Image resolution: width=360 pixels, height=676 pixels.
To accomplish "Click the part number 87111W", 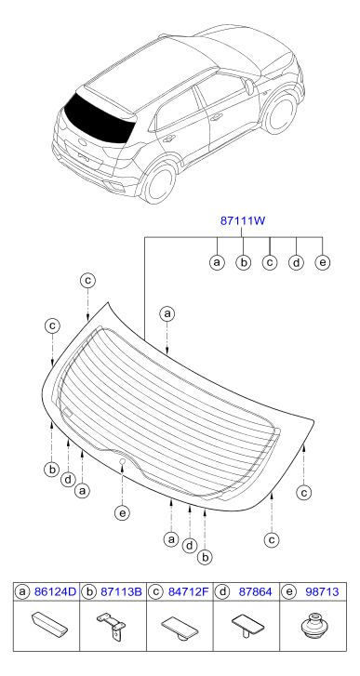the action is point(242,221).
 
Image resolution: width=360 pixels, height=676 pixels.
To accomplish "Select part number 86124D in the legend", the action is point(55,592).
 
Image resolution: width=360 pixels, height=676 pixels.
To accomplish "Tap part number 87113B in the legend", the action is point(121,592).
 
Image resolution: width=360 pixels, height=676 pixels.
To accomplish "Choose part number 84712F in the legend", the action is point(188,592).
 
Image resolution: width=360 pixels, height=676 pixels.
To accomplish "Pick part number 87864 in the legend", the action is point(255,592).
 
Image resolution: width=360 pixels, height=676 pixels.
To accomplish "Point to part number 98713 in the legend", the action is point(322,592).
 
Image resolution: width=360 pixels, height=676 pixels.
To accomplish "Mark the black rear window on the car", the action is point(99,117).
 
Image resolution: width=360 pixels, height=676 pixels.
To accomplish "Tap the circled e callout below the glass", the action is point(123,512).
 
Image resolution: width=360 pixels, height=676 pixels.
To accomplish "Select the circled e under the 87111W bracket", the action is point(323,262).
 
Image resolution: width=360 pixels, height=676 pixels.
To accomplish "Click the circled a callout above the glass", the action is point(167,314).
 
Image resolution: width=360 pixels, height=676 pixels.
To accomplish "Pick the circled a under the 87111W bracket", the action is point(217,262).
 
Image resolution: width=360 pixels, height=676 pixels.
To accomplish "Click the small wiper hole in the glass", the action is point(122,462).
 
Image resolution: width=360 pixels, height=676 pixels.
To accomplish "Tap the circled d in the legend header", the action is point(222,592).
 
